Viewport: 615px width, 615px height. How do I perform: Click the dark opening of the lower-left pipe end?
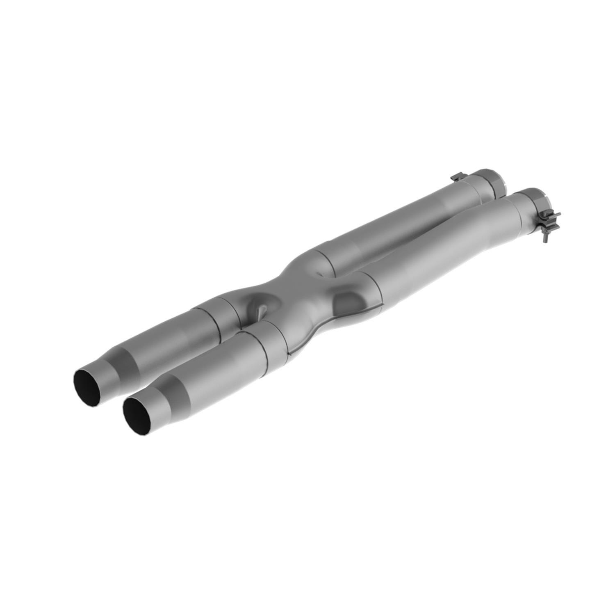click(x=137, y=414)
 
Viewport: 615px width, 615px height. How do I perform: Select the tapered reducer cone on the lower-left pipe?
click(x=170, y=394)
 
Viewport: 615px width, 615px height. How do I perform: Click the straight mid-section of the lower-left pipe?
click(x=221, y=365)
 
